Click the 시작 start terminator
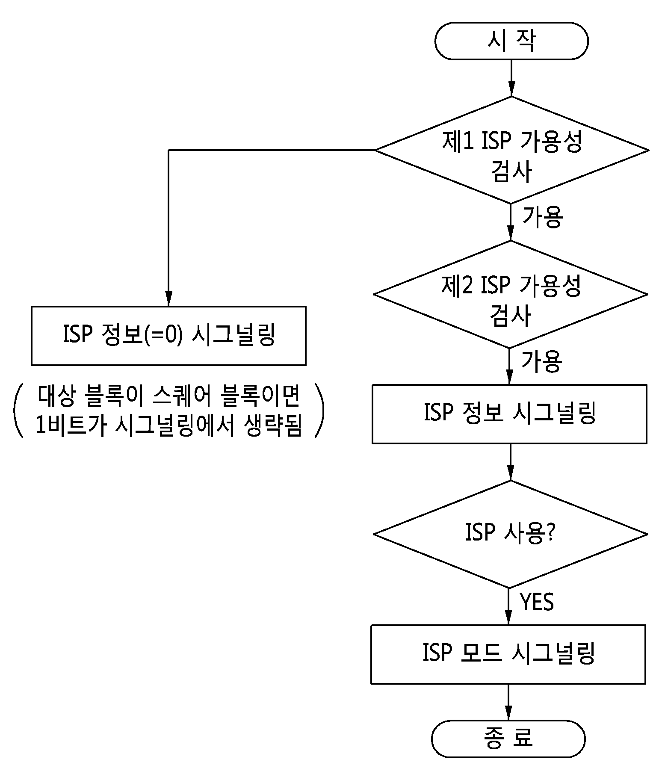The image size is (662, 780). [x=511, y=41]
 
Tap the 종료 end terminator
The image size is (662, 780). [x=508, y=739]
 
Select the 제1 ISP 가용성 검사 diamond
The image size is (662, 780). [x=511, y=150]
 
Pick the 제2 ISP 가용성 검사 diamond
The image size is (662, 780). [x=511, y=294]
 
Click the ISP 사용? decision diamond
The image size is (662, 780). [x=510, y=534]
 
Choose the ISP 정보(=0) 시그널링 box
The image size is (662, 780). [x=169, y=336]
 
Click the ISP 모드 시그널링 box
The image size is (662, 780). [x=508, y=654]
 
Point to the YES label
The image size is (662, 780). [x=537, y=602]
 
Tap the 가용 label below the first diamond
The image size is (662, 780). [x=542, y=217]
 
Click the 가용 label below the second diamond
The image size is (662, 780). [x=541, y=361]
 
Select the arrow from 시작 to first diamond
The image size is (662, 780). [x=511, y=78]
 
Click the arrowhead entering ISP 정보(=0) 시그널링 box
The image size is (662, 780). [x=169, y=299]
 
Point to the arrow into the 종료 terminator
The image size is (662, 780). [x=508, y=702]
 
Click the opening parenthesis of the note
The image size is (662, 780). [x=18, y=410]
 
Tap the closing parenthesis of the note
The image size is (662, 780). [x=319, y=410]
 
